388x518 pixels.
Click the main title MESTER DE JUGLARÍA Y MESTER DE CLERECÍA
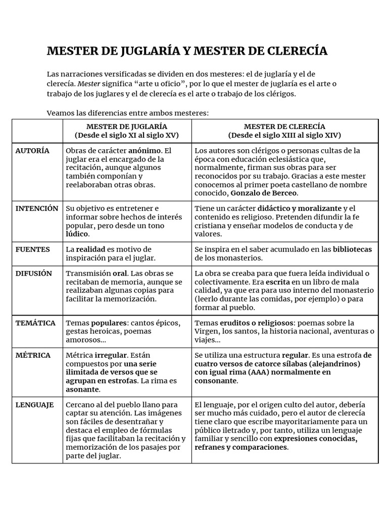click(187, 51)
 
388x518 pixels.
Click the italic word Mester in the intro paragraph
click(89, 83)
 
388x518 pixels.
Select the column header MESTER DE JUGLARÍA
click(126, 126)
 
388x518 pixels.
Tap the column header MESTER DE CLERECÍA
click(284, 126)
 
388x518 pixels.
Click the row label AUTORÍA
click(32, 151)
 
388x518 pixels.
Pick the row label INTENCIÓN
click(37, 208)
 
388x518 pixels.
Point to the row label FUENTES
click(33, 249)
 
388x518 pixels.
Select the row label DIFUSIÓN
click(34, 273)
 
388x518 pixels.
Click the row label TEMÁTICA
click(35, 323)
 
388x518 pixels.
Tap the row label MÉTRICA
click(33, 355)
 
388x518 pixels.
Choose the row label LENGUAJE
click(34, 405)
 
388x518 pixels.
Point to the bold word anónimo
click(145, 151)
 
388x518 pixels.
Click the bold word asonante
click(82, 390)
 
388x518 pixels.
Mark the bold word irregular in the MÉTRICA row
click(110, 355)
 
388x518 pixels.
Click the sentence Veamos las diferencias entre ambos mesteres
click(127, 112)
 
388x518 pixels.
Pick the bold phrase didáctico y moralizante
click(300, 208)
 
